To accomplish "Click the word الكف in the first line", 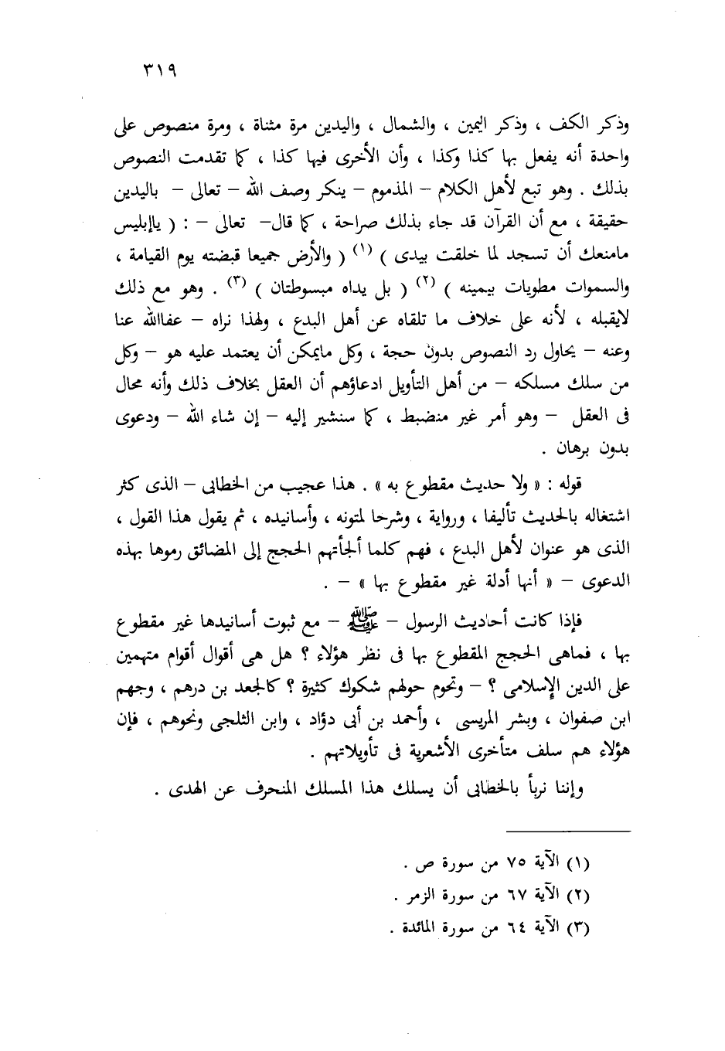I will tap(584, 126).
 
